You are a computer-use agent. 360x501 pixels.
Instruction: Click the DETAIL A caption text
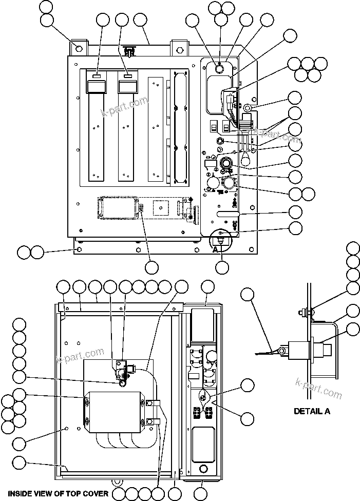pos(311,411)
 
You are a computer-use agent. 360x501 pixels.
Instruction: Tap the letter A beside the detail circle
pos(216,248)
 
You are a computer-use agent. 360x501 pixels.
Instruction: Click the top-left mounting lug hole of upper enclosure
pos(78,49)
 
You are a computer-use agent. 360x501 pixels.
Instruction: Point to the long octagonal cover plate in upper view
pos(178,126)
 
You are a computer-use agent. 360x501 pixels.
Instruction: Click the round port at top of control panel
pos(218,68)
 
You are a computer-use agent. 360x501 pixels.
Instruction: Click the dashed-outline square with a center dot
pos(159,207)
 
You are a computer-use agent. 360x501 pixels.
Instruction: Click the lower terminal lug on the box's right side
pos(152,422)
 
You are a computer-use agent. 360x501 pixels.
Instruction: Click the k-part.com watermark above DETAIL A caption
pos(318,388)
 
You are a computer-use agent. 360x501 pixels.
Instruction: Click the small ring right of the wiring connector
pos(247,108)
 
